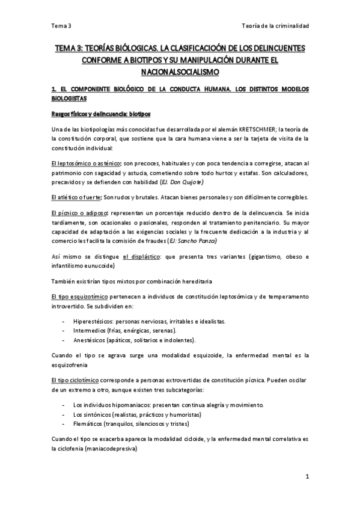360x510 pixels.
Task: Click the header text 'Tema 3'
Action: click(61, 26)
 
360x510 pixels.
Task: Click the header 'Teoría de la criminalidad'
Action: click(275, 26)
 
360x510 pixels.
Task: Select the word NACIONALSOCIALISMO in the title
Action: click(180, 72)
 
